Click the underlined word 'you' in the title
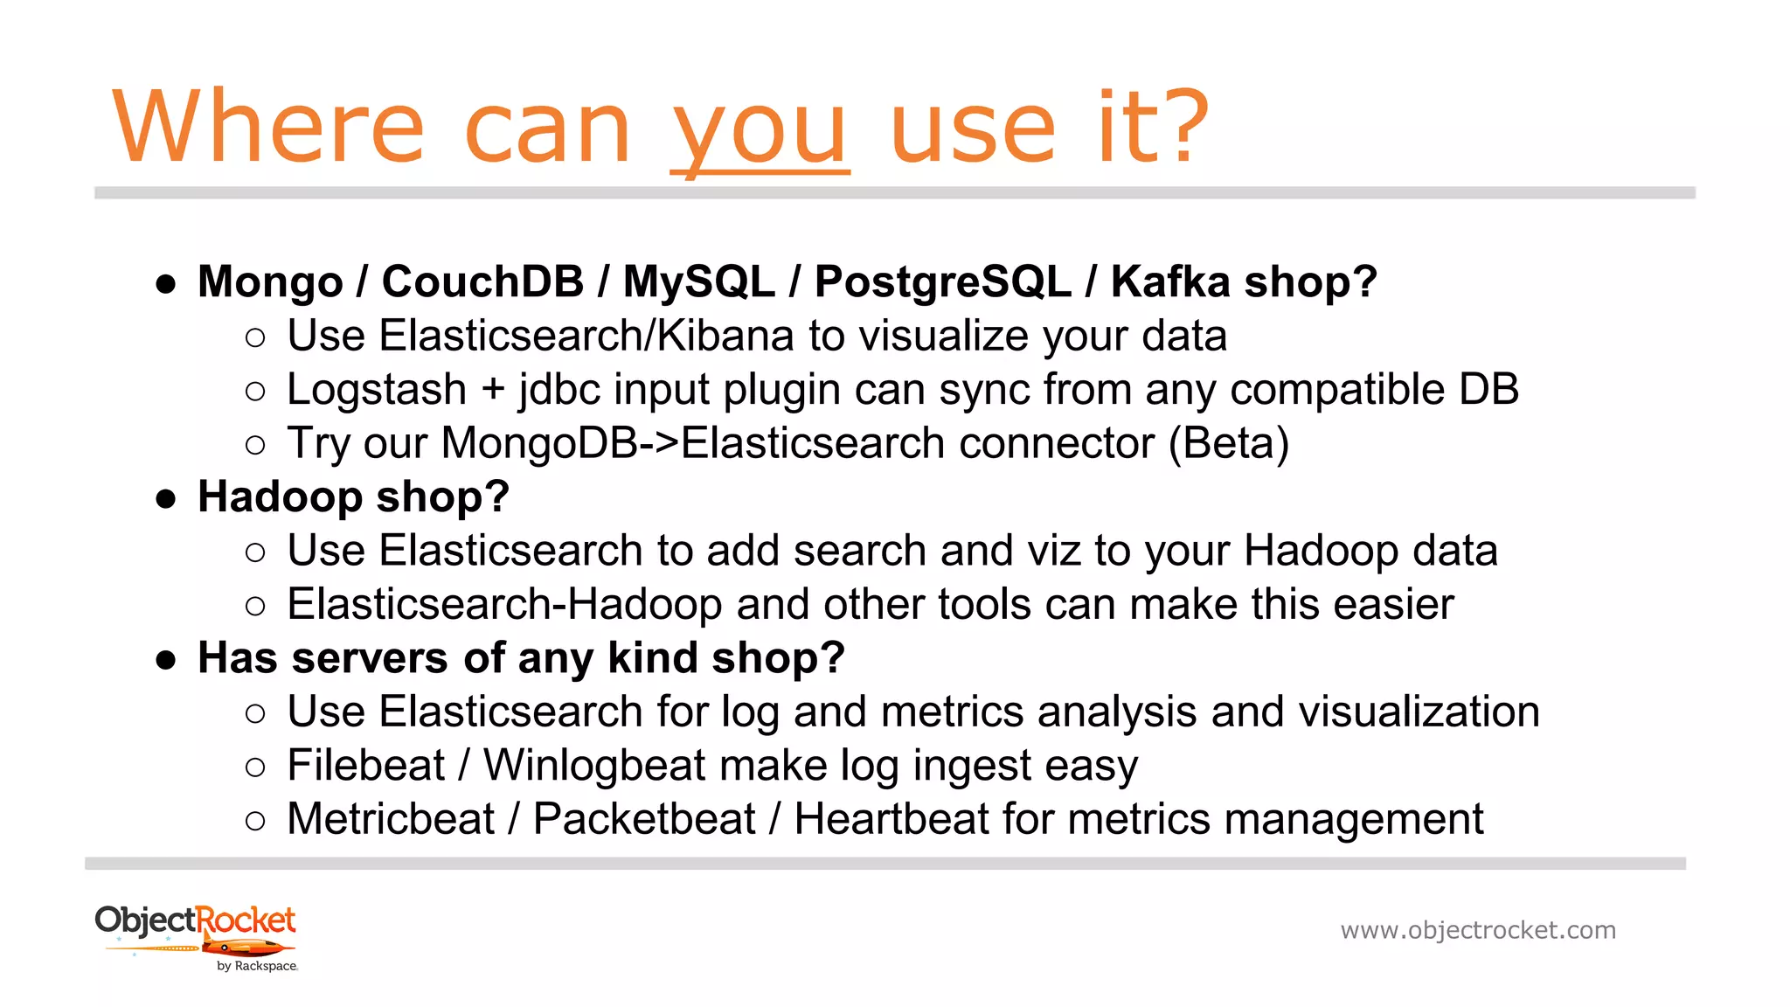tap(759, 131)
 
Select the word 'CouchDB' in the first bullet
tap(482, 281)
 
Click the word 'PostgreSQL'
tap(942, 281)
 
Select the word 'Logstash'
tap(377, 390)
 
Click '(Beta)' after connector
tap(1229, 443)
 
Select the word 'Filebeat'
tap(366, 766)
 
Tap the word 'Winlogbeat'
tap(594, 766)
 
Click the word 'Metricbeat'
tap(391, 819)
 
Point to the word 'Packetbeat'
tap(644, 819)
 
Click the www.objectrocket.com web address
tap(1478, 930)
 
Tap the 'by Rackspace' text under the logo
tap(257, 966)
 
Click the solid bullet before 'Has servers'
tap(166, 659)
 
